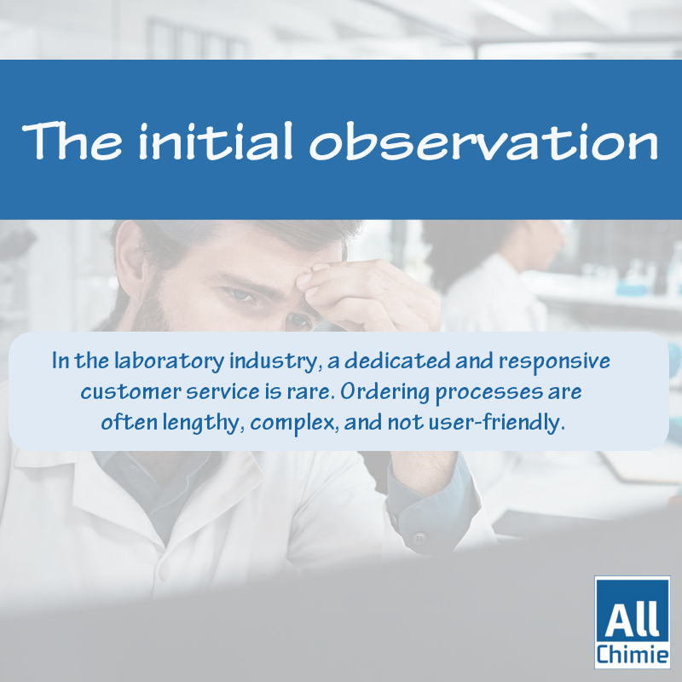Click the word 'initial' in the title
point(216,141)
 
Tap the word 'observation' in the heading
point(484,141)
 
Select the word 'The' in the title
point(72,141)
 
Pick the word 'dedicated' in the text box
point(397,361)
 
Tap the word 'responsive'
point(554,361)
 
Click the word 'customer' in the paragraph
point(130,392)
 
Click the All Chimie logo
point(632,622)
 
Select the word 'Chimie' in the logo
point(632,654)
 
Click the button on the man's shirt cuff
point(419,538)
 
